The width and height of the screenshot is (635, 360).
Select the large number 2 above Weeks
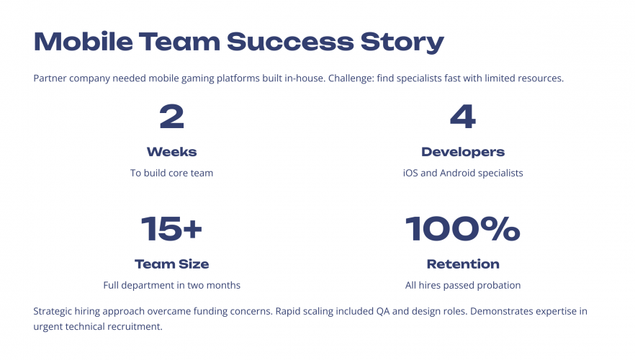pyautogui.click(x=171, y=117)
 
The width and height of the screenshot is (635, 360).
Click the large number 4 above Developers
pyautogui.click(x=462, y=117)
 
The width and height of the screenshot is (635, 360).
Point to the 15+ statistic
pyautogui.click(x=171, y=229)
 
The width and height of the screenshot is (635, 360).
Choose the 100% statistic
pyautogui.click(x=462, y=229)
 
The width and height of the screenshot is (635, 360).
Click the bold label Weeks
pyautogui.click(x=171, y=152)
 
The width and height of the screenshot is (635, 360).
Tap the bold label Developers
pyautogui.click(x=462, y=152)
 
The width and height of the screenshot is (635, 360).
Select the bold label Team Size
pyautogui.click(x=171, y=264)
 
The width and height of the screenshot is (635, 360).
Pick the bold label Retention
pyautogui.click(x=462, y=264)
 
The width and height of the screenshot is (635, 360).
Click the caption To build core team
pyautogui.click(x=171, y=173)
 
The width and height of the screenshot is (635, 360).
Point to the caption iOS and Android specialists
pyautogui.click(x=462, y=173)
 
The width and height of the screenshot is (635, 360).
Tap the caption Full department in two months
pyautogui.click(x=171, y=285)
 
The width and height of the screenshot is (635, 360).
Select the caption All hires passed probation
pyautogui.click(x=462, y=285)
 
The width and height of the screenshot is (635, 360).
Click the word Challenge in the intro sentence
pyautogui.click(x=351, y=78)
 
